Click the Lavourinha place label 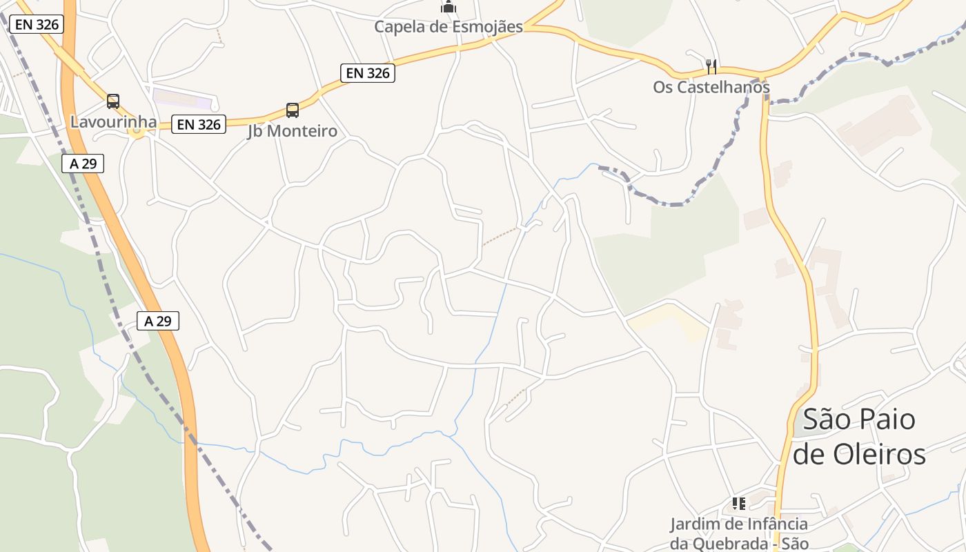tap(113, 122)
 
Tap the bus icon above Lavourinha tap(113, 101)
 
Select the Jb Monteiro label tap(293, 131)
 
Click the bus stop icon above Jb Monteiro tap(293, 110)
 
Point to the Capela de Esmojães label tap(448, 27)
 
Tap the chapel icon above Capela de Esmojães tap(448, 7)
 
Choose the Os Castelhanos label tap(711, 88)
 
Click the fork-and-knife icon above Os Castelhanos tap(711, 67)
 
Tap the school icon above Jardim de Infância tap(739, 504)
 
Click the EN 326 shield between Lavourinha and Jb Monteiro tap(199, 124)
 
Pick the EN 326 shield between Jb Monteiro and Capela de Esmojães tap(368, 72)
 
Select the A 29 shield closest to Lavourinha tap(83, 164)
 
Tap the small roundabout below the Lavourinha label tap(137, 132)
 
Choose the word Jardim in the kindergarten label tap(696, 524)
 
